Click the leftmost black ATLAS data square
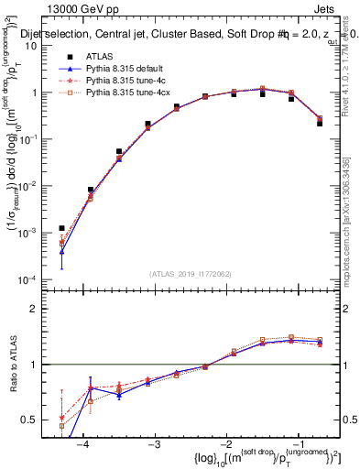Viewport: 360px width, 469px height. pos(61,228)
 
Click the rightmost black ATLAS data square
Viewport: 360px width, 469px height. pos(320,122)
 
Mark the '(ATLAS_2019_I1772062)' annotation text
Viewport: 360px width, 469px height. pos(190,273)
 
